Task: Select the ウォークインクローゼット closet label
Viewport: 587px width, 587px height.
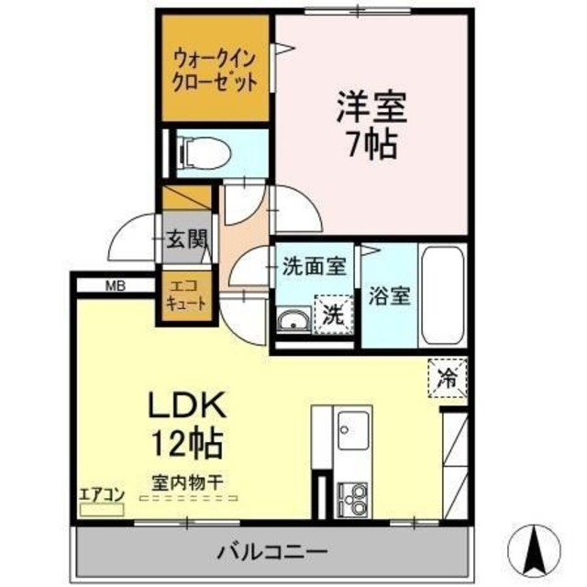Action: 216,69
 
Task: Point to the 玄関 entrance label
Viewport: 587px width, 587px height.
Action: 185,240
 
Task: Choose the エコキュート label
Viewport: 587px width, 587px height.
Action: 185,293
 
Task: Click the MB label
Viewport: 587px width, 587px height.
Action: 115,285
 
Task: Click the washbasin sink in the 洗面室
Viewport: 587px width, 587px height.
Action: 293,320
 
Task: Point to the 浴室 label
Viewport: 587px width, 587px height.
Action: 389,297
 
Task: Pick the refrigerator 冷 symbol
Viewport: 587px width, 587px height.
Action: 448,375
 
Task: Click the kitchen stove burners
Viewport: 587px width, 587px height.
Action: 352,496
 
